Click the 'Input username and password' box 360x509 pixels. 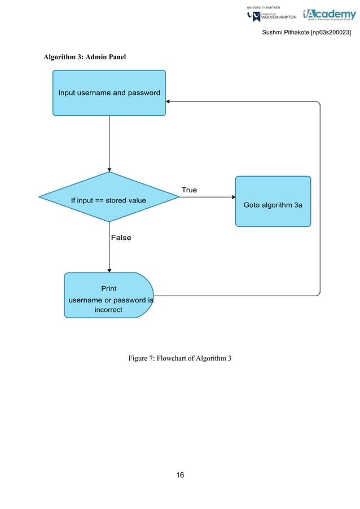[109, 93]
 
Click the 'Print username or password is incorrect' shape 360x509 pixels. [108, 296]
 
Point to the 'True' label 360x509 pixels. [189, 190]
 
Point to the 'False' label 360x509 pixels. [121, 238]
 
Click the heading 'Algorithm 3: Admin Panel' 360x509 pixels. [85, 58]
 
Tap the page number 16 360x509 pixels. [180, 475]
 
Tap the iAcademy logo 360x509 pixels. [329, 15]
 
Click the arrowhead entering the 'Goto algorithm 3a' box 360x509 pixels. [233, 197]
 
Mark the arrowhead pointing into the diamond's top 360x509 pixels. [109, 169]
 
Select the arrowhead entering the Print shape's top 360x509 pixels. [109, 270]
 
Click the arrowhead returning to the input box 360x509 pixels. [169, 102]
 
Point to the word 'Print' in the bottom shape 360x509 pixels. [108, 288]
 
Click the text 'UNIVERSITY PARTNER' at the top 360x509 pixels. [264, 7]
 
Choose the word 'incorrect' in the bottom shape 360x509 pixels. [108, 310]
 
